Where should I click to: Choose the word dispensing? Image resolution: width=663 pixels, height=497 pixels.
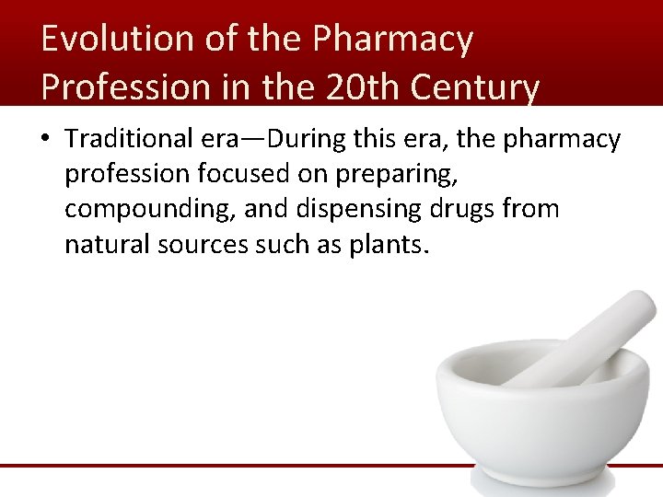357,210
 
